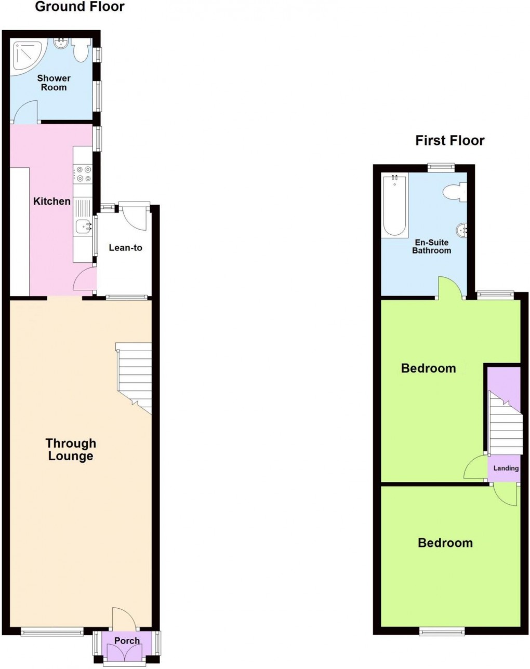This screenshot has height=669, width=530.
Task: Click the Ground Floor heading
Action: (x=79, y=7)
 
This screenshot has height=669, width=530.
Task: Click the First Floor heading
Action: (x=449, y=140)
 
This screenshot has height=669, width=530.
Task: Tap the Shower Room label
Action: (x=54, y=83)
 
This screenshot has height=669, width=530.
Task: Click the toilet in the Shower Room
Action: (x=81, y=51)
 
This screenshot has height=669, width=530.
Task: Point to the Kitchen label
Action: (x=52, y=201)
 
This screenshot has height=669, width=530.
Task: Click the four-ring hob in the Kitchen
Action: (x=83, y=173)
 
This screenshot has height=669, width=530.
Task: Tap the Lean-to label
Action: (x=125, y=248)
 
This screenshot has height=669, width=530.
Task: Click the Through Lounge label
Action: (x=71, y=449)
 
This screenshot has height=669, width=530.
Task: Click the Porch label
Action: (x=127, y=640)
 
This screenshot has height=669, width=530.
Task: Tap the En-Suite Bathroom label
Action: (x=431, y=246)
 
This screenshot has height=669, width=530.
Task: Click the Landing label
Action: (x=506, y=468)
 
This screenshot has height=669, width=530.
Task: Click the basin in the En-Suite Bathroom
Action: (x=461, y=229)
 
